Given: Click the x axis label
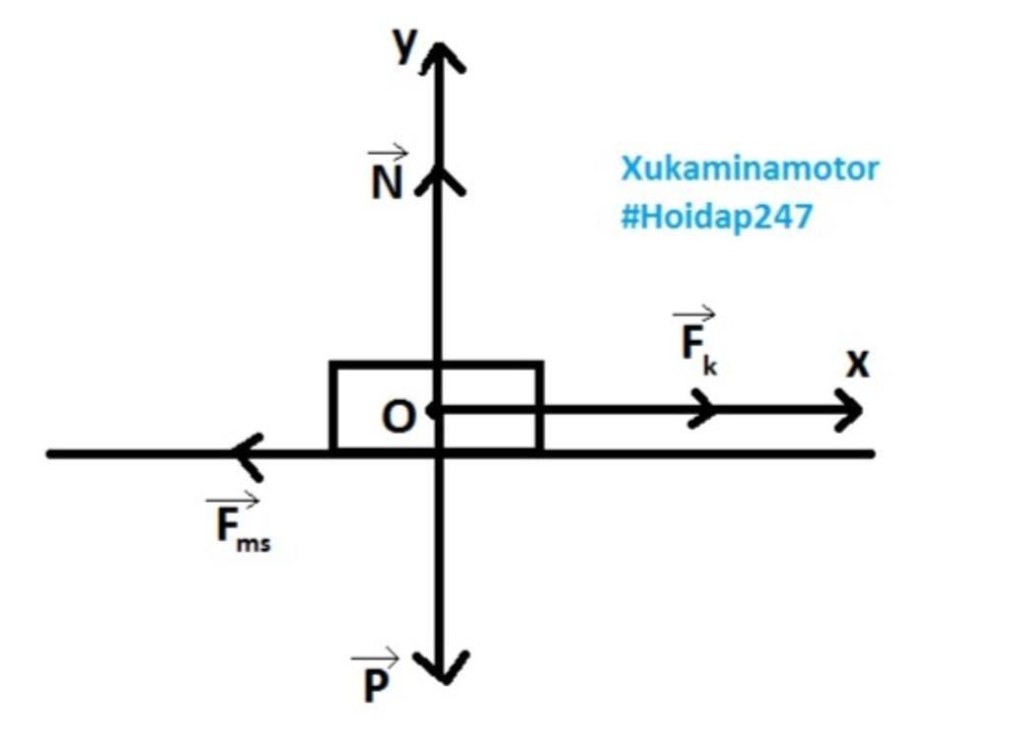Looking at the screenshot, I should (858, 365).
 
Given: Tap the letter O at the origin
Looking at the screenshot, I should (398, 418).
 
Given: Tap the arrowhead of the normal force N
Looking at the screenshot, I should (440, 179).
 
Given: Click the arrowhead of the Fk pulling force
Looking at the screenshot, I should (704, 408).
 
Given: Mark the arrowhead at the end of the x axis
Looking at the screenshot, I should (849, 409).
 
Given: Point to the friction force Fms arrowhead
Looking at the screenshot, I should (247, 453).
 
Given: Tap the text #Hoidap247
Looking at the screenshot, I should (716, 217).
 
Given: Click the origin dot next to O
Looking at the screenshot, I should (434, 409).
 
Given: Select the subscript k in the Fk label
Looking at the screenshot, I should (710, 366).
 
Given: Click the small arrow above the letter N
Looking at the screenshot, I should (388, 153).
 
